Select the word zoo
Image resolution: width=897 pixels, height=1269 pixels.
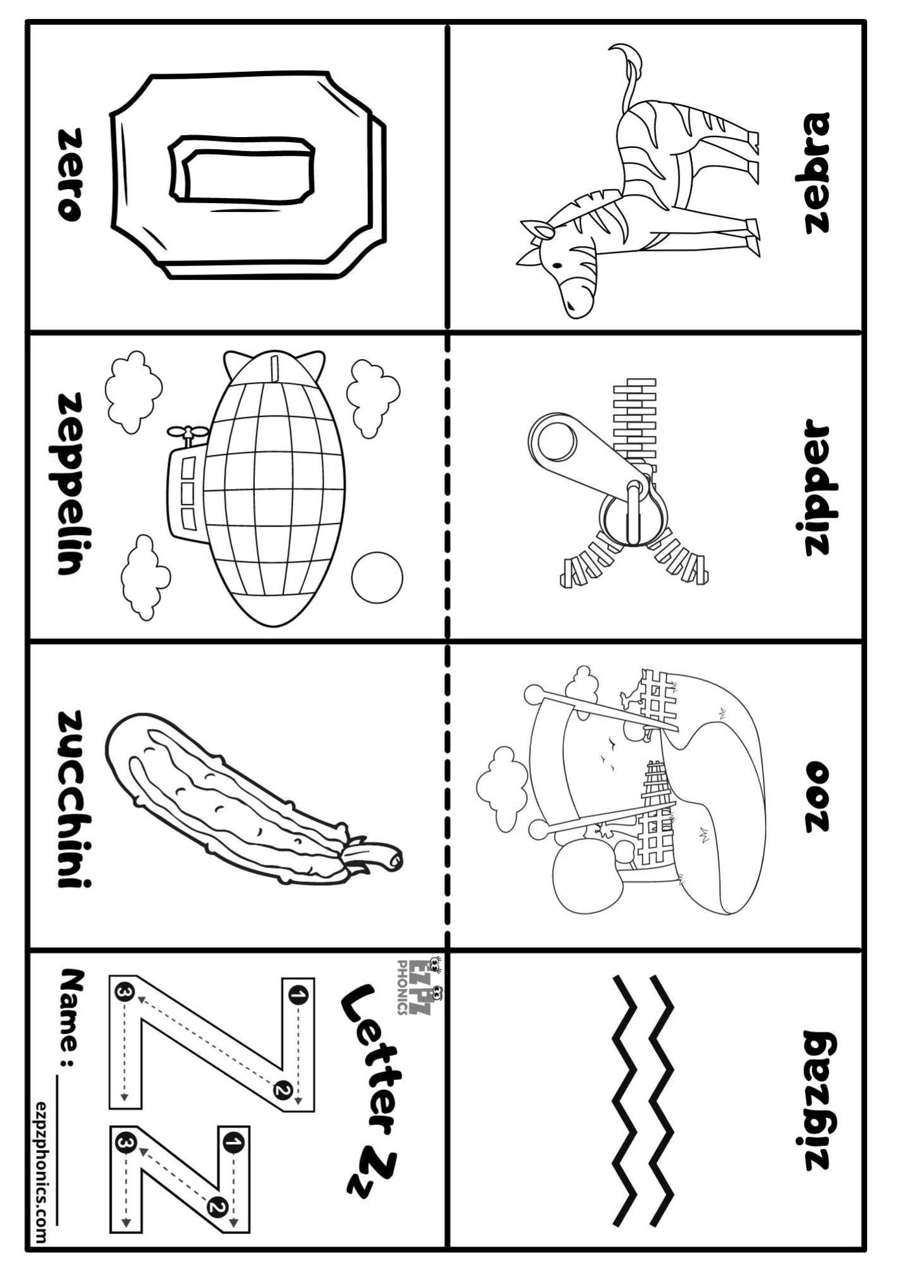tap(817, 797)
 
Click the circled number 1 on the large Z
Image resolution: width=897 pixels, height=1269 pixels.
tap(297, 997)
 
